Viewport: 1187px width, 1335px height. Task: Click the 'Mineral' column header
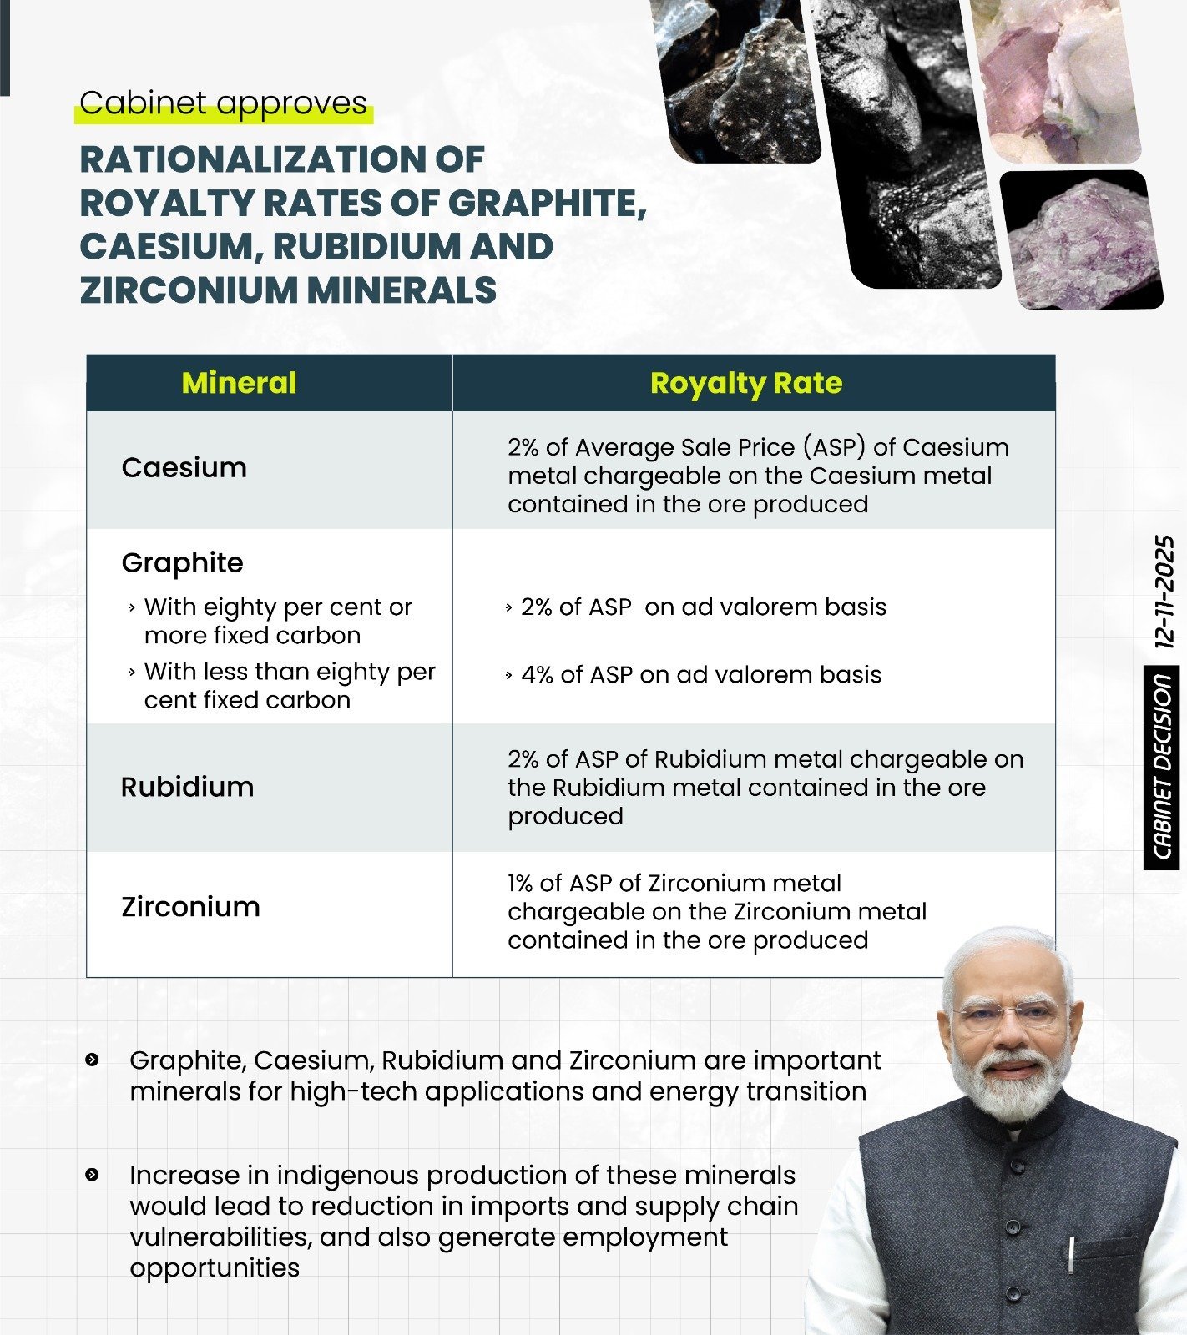tap(239, 383)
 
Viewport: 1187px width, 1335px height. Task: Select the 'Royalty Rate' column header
tap(745, 383)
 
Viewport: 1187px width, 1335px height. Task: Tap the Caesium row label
tap(184, 468)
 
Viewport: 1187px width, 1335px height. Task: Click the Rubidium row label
tap(187, 787)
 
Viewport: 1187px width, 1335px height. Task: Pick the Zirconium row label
tap(190, 907)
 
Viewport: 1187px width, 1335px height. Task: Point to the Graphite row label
tap(182, 563)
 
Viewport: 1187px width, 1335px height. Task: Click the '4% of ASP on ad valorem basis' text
tap(700, 674)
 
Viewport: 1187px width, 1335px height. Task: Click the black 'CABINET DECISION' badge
tap(1161, 768)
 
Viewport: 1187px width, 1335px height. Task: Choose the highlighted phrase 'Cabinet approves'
tap(223, 103)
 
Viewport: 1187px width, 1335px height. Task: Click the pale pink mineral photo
tap(1056, 79)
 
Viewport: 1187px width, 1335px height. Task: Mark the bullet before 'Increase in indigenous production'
tap(93, 1175)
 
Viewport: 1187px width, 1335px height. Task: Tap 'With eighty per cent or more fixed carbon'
tap(277, 621)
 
